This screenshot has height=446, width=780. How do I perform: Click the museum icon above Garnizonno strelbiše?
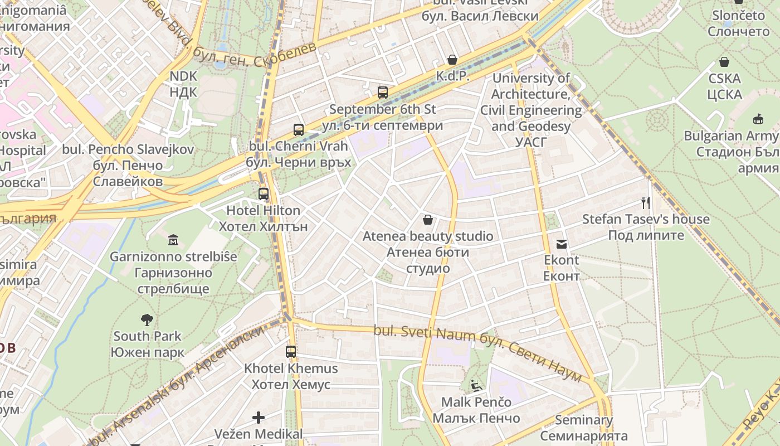(173, 240)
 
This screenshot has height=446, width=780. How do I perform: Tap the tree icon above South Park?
(147, 320)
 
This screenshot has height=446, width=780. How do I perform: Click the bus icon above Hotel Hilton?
(264, 194)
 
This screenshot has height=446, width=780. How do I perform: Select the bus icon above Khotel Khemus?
(291, 352)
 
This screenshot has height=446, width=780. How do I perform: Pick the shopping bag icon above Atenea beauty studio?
(428, 220)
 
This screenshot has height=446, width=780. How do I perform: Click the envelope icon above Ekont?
(561, 244)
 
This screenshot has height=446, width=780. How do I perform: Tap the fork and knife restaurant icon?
(646, 202)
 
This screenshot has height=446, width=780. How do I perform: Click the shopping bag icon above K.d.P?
(452, 60)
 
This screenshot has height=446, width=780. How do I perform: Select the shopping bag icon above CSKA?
(724, 62)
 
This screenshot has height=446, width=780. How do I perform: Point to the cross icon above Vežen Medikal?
(259, 417)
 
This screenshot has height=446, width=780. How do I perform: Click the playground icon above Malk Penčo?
(476, 385)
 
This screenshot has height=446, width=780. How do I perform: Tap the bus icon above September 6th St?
(383, 93)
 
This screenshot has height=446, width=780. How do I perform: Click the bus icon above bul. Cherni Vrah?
(299, 130)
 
